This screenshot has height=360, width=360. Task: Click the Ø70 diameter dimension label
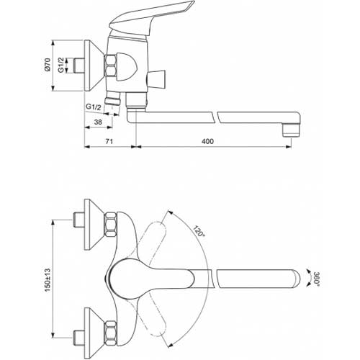coord(48,65)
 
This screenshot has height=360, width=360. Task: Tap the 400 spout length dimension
coord(207,141)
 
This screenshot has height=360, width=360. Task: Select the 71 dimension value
coord(109,141)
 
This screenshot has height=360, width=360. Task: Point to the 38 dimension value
coord(98,122)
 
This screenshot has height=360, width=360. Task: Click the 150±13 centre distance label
coord(48,280)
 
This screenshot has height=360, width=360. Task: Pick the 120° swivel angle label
coord(199,232)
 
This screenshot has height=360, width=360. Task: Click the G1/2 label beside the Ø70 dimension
coord(61,65)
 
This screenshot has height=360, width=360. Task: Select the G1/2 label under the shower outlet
coord(94,107)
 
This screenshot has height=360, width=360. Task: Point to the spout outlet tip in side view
coord(291,130)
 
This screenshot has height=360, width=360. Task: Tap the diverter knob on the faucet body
coord(157,79)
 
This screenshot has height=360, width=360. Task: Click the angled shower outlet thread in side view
coord(112,99)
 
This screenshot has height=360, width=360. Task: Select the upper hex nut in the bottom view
coord(112,225)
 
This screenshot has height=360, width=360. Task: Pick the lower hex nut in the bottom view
coord(112,333)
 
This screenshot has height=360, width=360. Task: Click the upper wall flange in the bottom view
coord(94,225)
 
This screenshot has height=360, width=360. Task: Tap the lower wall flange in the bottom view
coord(94,333)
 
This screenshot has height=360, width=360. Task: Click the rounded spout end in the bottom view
coord(295,279)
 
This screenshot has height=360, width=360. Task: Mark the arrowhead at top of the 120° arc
coord(170,212)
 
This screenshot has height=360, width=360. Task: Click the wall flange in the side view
coord(94,66)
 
